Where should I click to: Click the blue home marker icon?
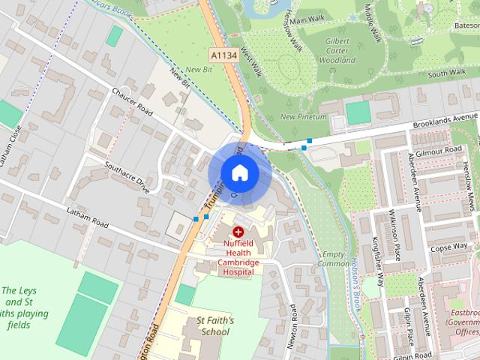[239, 172]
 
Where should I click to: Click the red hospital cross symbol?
[238, 232]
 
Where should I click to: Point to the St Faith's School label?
[215, 325]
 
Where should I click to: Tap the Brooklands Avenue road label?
[445, 121]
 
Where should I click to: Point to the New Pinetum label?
[304, 117]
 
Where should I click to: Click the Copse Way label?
[449, 246]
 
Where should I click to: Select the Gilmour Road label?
[443, 150]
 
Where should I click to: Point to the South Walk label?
[448, 73]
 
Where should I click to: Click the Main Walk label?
[307, 19]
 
